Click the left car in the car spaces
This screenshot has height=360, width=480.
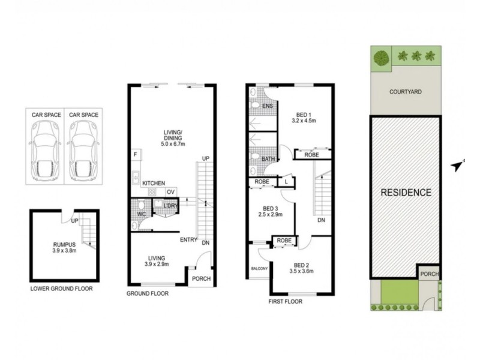(x=44, y=151)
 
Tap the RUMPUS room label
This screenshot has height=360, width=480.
(x=64, y=245)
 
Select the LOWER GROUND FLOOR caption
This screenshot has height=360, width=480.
(x=61, y=289)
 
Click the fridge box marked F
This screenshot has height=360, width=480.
(x=136, y=155)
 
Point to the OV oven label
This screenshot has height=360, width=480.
(x=171, y=192)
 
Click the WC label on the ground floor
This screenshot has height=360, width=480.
(x=141, y=214)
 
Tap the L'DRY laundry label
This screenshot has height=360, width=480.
(x=170, y=206)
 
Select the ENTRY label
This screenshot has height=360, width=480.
(x=188, y=239)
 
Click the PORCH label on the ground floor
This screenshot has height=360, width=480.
(x=201, y=278)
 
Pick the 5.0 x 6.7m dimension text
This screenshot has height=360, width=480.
(x=173, y=144)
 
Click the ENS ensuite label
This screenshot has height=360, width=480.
(x=268, y=106)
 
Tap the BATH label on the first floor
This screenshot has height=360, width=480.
(x=268, y=159)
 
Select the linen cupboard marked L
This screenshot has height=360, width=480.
(x=286, y=182)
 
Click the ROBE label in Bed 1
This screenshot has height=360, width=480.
(x=311, y=155)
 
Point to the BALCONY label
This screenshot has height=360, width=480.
(x=259, y=268)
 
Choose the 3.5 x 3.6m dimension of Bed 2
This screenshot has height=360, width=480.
(x=302, y=271)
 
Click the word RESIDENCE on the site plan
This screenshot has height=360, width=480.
(x=406, y=193)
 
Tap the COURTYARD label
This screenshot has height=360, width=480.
(x=406, y=92)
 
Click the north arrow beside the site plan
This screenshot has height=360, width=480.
(x=458, y=166)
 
